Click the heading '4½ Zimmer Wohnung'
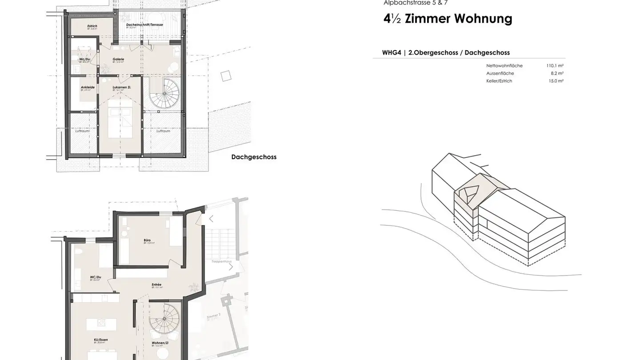[x=448, y=19]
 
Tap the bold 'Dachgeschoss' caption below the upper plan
[x=254, y=157]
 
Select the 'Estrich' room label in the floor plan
[x=92, y=26]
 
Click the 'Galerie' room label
[x=118, y=59]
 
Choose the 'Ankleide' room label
[x=88, y=87]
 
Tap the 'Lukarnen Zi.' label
[x=122, y=87]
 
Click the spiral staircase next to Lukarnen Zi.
[x=164, y=93]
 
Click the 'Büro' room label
[x=147, y=240]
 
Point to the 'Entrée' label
[x=156, y=284]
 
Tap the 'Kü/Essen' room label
[x=101, y=340]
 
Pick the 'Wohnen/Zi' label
[x=160, y=343]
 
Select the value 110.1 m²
[x=555, y=66]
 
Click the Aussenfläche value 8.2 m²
[x=557, y=73]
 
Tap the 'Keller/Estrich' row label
[x=499, y=81]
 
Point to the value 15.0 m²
[x=556, y=81]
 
